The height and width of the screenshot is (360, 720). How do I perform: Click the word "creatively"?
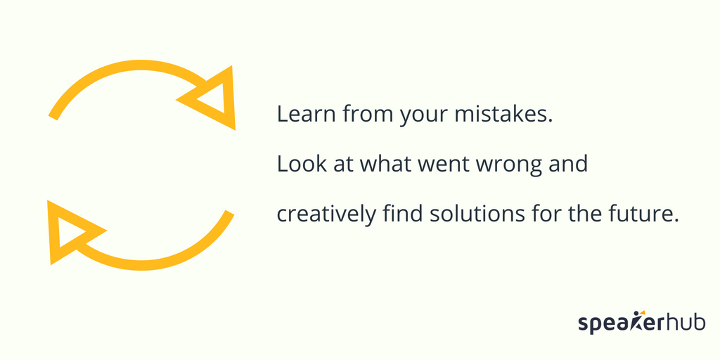[x=326, y=215]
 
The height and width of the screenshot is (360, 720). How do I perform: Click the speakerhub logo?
[x=641, y=321]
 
